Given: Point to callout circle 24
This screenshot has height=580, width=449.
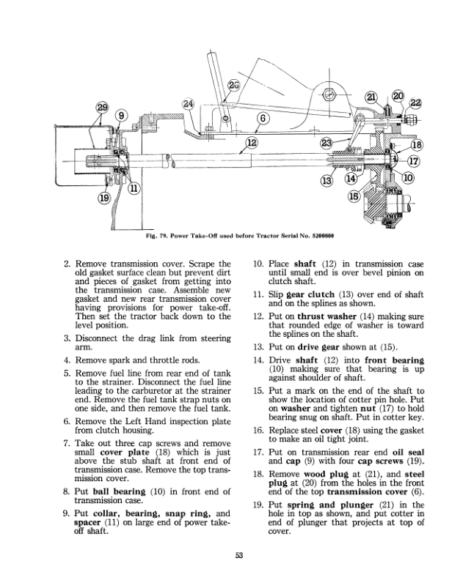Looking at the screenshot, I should [x=189, y=104].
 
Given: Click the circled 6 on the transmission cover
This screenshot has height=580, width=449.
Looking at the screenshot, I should [x=260, y=119].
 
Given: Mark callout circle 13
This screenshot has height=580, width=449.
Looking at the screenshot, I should [x=326, y=180].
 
